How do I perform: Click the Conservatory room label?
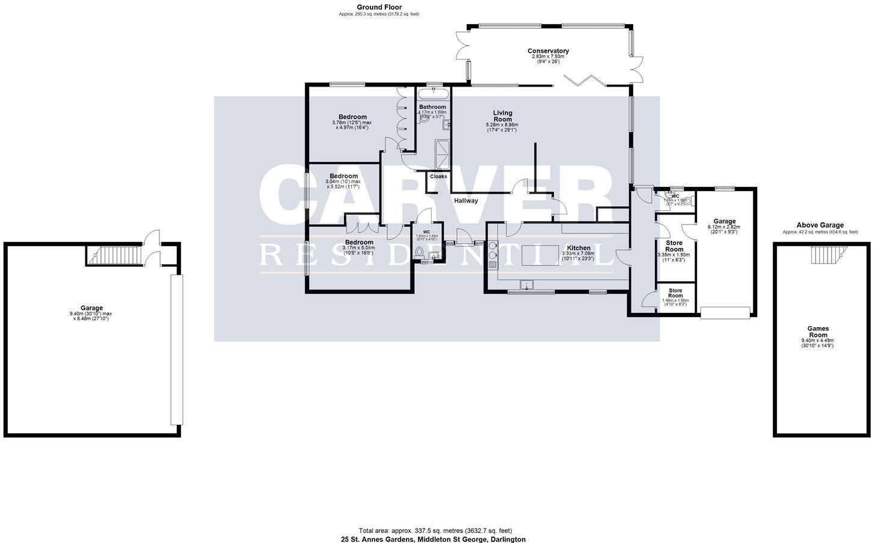point(548,51)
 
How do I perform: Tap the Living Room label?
point(502,116)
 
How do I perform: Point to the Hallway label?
point(466,201)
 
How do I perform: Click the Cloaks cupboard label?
point(438,177)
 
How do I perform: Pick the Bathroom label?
point(432,107)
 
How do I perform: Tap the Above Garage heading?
point(820,225)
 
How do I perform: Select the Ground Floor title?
point(379,7)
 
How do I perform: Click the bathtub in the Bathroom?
point(433,93)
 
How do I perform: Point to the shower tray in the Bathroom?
point(443,154)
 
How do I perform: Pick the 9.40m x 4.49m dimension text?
point(817,341)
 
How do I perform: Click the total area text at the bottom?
point(435,530)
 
